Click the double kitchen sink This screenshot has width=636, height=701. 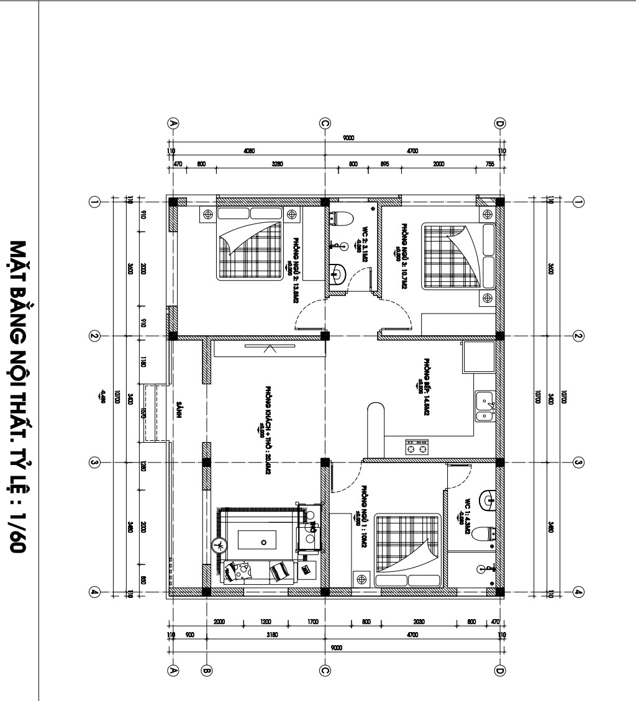tap(483, 405)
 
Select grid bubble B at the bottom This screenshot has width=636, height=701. tap(207, 670)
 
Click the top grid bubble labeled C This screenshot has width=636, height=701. tap(325, 123)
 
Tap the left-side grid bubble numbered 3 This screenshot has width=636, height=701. tap(95, 463)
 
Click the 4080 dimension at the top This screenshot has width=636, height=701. tap(249, 151)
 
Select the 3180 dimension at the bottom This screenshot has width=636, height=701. tap(272, 635)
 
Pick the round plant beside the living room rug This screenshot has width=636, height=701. tap(218, 545)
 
